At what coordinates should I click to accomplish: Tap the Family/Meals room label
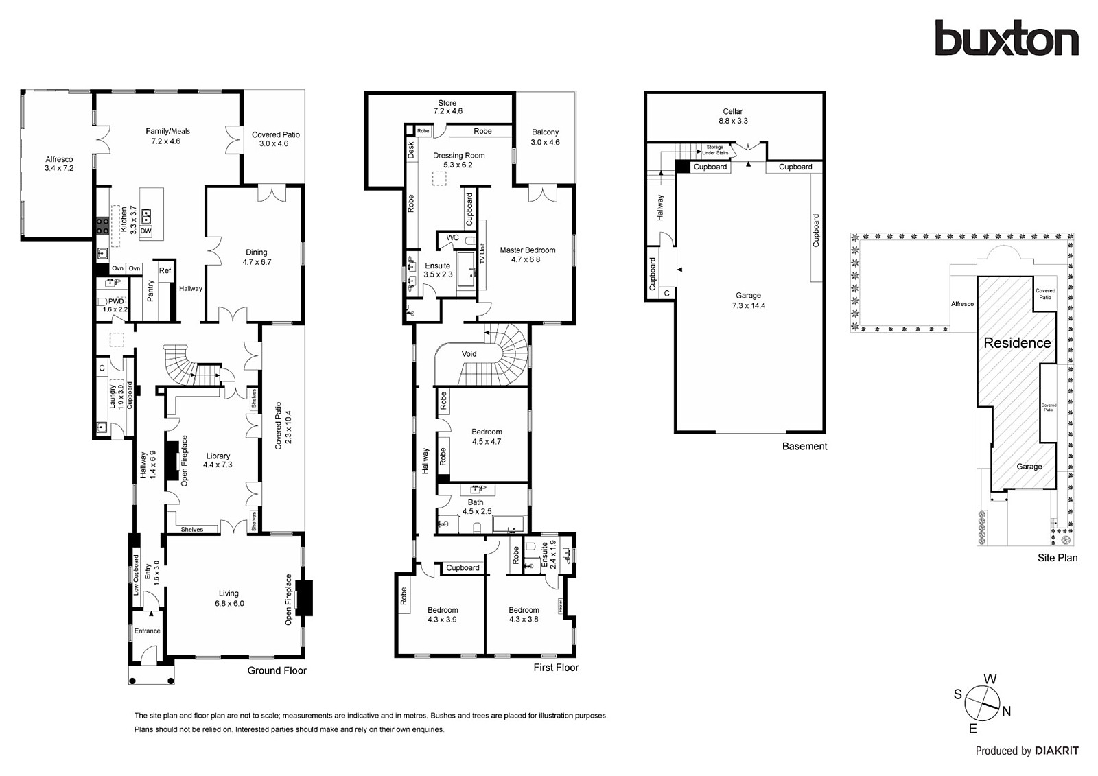tap(167, 131)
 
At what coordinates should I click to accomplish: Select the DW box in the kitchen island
tap(145, 231)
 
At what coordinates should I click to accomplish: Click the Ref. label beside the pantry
tap(165, 271)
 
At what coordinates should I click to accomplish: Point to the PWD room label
tap(116, 301)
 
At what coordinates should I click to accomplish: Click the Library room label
tap(218, 456)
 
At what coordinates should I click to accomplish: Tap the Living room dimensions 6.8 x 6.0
tap(229, 604)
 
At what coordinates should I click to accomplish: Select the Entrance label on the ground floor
tap(147, 631)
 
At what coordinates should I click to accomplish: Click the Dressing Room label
tap(458, 156)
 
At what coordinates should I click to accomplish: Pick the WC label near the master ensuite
tap(452, 238)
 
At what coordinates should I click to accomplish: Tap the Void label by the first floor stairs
tap(469, 354)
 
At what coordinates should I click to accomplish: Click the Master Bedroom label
tap(527, 250)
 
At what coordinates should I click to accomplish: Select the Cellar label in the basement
tap(732, 111)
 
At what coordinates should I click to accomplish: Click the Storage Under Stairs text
tap(714, 150)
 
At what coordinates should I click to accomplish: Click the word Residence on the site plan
tap(1017, 343)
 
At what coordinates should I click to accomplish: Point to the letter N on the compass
tap(1006, 712)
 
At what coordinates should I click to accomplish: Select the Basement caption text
tap(804, 447)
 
